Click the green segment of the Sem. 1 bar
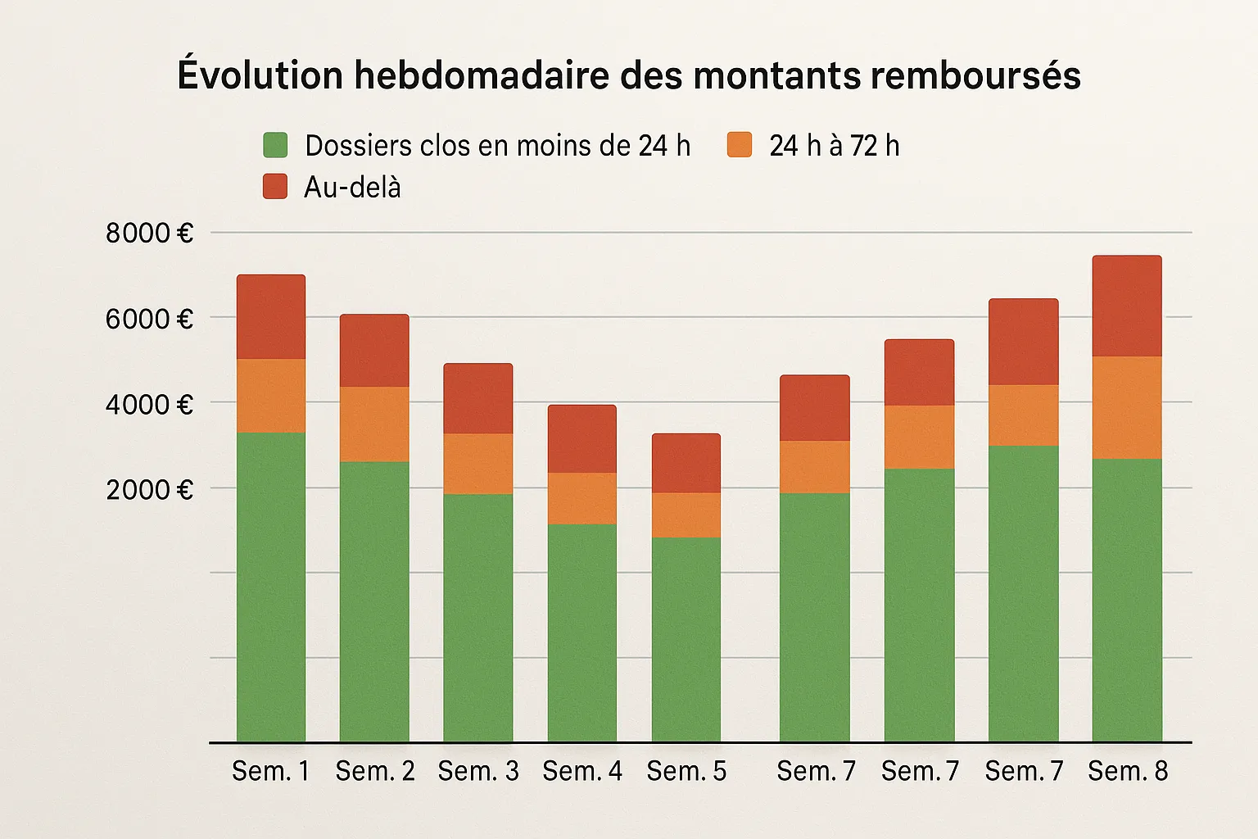point(271,586)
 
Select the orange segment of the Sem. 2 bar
point(374,424)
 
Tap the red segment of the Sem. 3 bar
point(478,398)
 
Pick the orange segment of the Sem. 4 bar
point(582,498)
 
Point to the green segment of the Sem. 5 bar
point(686,639)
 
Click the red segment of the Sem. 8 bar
point(1127,306)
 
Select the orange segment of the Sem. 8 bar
point(1127,407)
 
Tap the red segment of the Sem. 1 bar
point(271,317)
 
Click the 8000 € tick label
point(149,234)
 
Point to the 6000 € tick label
point(149,320)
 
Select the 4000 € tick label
point(149,405)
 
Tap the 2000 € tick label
point(149,490)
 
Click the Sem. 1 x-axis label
point(270,771)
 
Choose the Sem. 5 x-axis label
point(686,771)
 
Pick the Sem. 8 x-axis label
point(1128,771)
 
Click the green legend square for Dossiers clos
point(275,145)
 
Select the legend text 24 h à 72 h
point(834,146)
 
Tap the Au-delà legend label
point(352,188)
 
